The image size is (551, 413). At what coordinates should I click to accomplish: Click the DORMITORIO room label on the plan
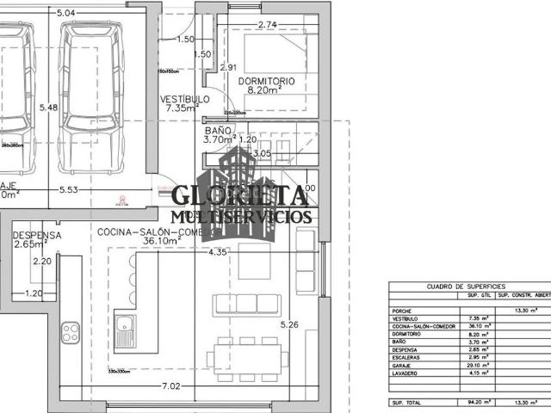click(x=266, y=81)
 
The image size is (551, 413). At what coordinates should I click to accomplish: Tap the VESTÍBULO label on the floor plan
click(x=184, y=99)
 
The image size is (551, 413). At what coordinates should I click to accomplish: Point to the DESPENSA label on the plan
click(x=37, y=234)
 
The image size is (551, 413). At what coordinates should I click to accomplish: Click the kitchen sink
click(x=124, y=330)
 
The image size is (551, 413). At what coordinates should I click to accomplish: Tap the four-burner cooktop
click(x=66, y=330)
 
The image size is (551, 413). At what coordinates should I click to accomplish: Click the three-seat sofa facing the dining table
click(x=248, y=304)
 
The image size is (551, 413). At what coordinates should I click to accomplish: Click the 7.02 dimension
click(x=170, y=386)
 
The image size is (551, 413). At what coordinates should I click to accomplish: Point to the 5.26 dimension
click(x=288, y=324)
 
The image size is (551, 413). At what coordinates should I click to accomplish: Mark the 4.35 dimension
click(x=218, y=252)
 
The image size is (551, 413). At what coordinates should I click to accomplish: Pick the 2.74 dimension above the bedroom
click(x=267, y=25)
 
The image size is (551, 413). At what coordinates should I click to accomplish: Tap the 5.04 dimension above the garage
click(x=65, y=14)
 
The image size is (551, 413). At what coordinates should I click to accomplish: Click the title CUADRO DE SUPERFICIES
click(x=466, y=287)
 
